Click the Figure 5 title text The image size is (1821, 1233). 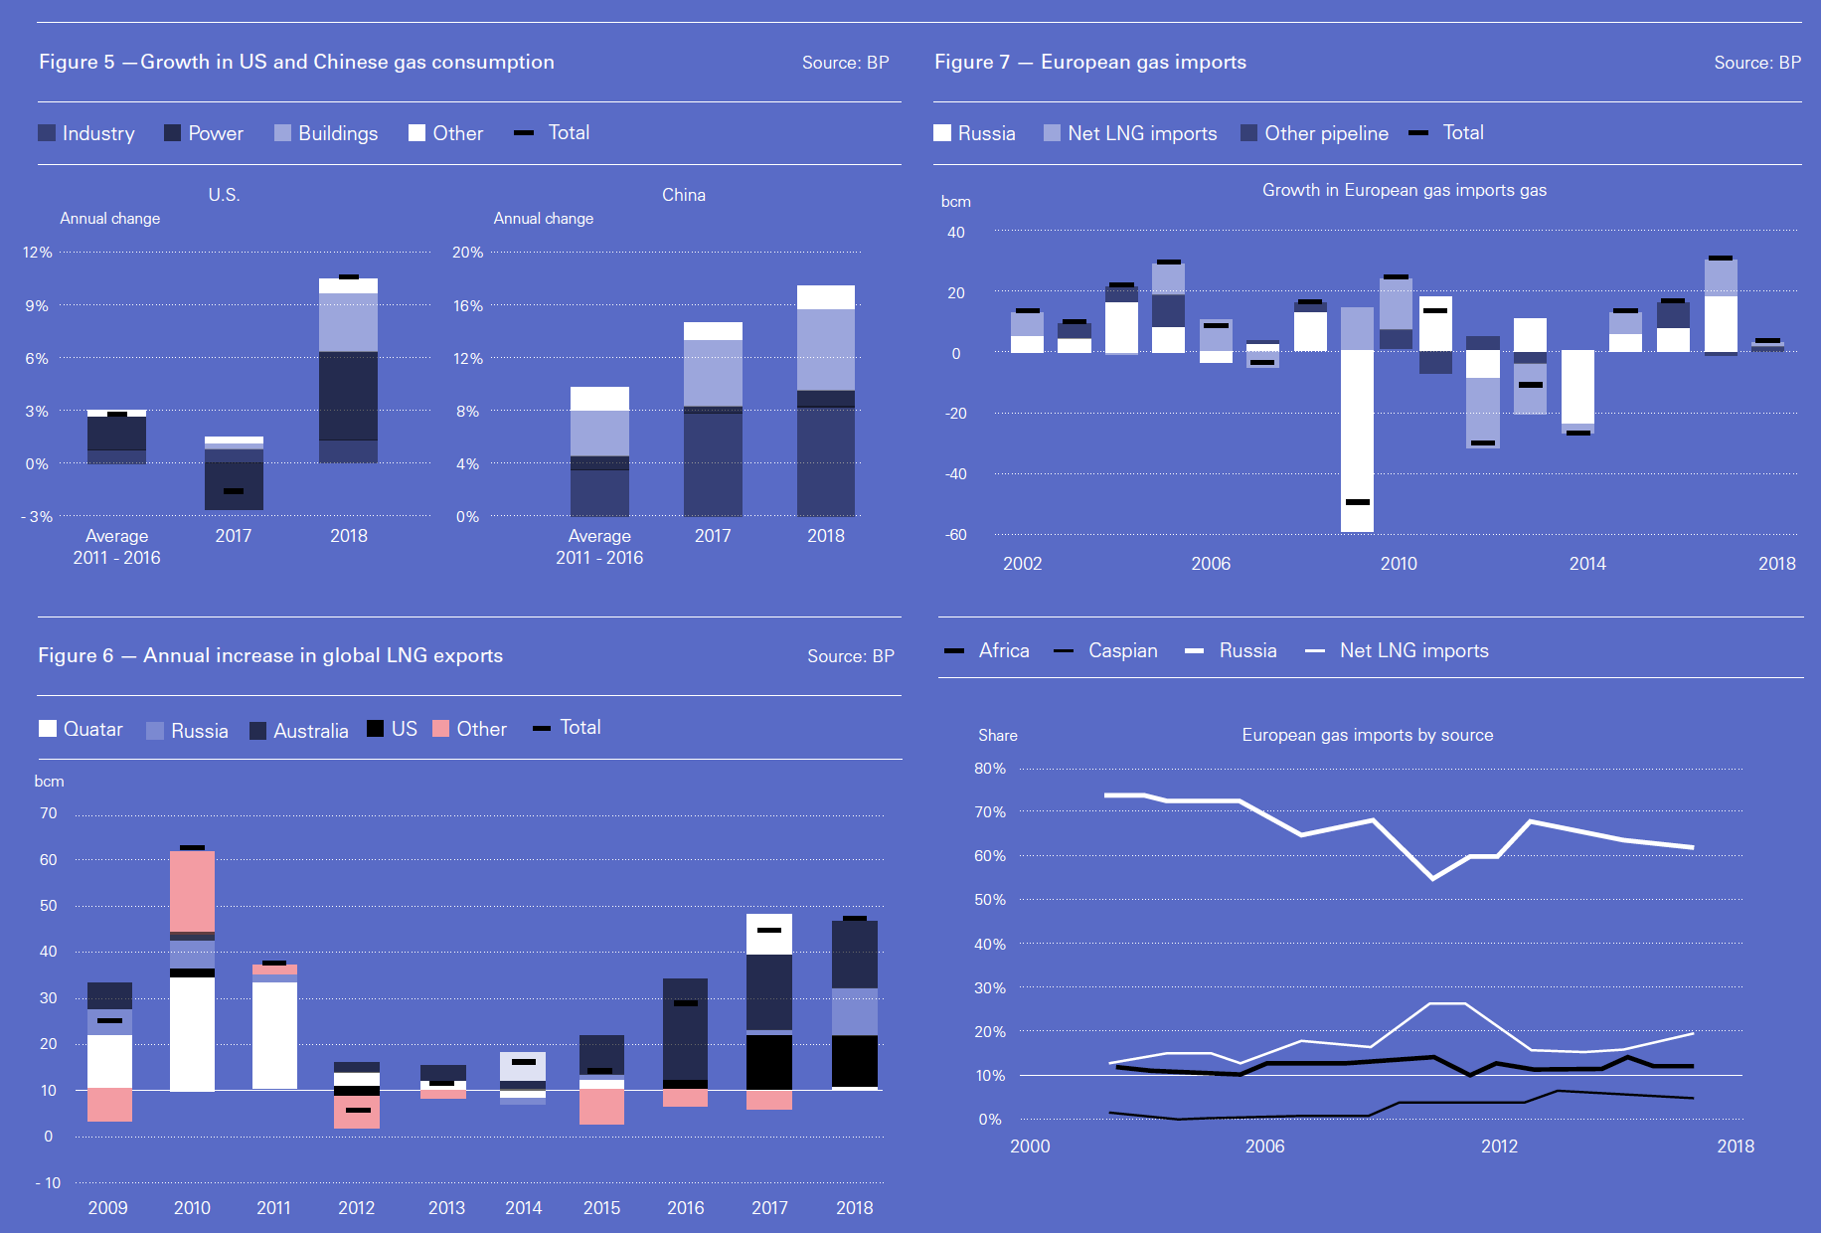point(296,62)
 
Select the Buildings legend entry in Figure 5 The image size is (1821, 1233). point(326,133)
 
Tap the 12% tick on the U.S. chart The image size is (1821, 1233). point(38,253)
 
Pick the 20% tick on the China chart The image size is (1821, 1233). point(467,253)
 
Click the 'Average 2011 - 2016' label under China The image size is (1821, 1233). point(599,547)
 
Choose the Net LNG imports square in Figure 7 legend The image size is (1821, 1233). point(1052,133)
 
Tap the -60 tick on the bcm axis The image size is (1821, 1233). point(956,535)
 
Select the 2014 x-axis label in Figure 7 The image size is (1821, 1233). point(1587,564)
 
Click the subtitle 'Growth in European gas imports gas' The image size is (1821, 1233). point(1404,190)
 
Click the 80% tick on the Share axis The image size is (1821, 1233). point(990,769)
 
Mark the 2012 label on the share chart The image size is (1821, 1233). point(1499,1146)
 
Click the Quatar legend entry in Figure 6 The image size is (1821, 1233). point(82,729)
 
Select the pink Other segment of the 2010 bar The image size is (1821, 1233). point(192,891)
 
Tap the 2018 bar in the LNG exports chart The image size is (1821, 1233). point(855,1004)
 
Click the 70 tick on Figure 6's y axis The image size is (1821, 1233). point(49,813)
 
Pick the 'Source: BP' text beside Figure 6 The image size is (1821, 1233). point(850,656)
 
